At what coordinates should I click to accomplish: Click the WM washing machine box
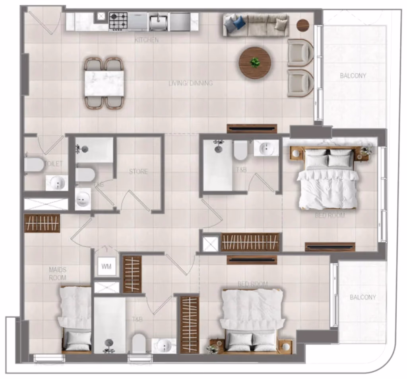(106, 266)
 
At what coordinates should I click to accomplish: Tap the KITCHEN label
(147, 40)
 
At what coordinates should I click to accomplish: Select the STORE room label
(138, 172)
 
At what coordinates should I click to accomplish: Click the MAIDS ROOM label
(57, 274)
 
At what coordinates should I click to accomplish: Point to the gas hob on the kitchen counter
(118, 21)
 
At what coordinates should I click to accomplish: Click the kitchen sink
(158, 22)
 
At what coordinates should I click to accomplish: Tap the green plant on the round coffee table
(255, 63)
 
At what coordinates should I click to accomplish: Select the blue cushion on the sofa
(239, 22)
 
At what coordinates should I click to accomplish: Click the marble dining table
(104, 83)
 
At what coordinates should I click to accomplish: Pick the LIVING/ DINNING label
(191, 83)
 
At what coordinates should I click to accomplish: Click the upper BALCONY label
(353, 76)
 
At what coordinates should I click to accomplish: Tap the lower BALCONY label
(362, 297)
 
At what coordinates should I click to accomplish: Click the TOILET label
(54, 164)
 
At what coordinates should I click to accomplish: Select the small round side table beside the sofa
(303, 25)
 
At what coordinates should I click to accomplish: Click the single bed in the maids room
(76, 319)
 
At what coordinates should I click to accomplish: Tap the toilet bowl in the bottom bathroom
(138, 343)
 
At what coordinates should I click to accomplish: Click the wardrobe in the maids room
(42, 223)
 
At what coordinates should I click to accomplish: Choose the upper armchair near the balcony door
(300, 53)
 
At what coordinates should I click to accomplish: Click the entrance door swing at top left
(44, 22)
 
